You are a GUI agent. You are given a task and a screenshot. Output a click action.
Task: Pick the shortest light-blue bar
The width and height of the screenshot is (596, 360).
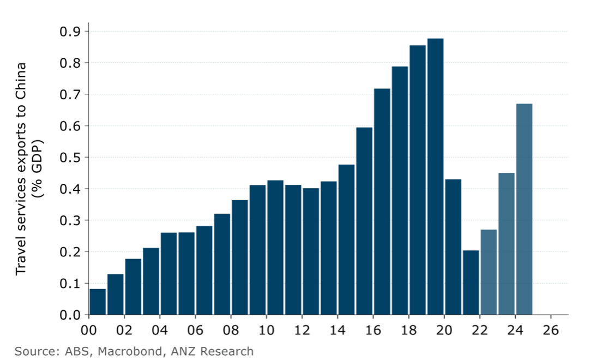pos(489,272)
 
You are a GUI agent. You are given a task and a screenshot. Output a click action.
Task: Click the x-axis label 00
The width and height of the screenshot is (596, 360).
pos(88,331)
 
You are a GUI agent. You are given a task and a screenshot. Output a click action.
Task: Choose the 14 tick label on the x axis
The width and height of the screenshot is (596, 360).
pos(338,331)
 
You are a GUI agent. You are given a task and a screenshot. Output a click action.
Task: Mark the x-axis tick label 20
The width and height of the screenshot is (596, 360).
pos(444,331)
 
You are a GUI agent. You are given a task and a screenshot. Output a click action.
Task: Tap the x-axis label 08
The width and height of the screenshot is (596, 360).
pos(231,331)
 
